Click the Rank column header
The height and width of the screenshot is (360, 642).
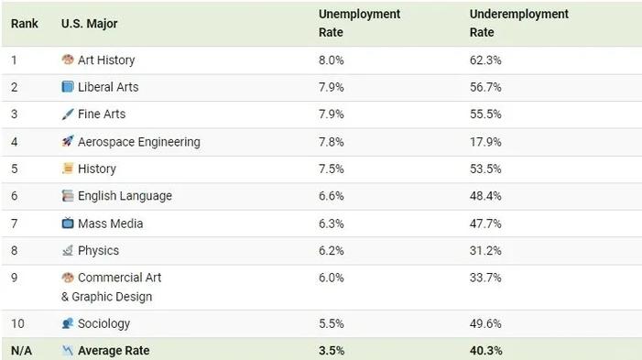24,24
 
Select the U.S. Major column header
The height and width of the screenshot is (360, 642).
89,24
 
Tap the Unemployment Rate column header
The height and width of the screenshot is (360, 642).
359,23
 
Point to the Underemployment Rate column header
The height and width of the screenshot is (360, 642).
518,23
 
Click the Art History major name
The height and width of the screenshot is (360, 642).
106,60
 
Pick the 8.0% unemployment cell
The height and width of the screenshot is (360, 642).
332,60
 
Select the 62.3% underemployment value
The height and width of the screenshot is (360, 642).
485,60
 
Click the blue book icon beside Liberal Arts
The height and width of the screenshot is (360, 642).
68,87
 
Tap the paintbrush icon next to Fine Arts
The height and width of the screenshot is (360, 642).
68,114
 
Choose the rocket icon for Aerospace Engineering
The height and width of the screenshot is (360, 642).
68,141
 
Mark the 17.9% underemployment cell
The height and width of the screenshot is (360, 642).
485,142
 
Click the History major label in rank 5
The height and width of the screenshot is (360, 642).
97,169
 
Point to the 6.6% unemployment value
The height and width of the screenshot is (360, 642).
332,196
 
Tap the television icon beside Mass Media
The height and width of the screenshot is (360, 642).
68,224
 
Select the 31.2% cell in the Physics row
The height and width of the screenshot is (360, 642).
485,250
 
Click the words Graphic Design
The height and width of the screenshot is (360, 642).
112,297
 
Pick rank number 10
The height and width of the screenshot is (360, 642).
17,323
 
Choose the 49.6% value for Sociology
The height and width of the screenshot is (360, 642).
485,323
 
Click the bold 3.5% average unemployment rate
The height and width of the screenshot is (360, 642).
332,351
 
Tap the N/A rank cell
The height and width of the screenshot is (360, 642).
21,351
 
